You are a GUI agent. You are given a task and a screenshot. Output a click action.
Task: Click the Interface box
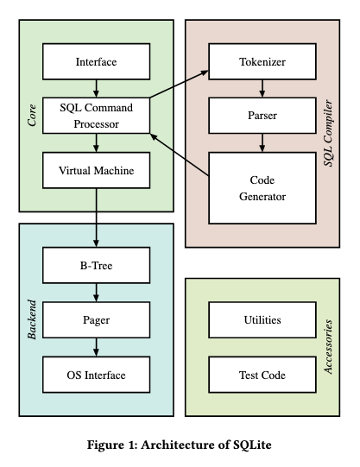96,62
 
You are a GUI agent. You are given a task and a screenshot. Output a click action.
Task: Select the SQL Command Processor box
96,116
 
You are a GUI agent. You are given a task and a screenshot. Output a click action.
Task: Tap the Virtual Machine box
96,170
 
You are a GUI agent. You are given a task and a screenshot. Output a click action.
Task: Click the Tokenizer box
262,62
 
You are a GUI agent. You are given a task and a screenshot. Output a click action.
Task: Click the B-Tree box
96,265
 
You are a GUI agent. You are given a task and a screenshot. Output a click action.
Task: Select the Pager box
96,319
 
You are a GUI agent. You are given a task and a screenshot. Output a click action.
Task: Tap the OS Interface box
96,375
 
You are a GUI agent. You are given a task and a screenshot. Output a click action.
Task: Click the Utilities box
262,319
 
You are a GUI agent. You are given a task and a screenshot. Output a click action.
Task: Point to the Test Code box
262,375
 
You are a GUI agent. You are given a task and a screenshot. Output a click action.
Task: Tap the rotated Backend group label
32,319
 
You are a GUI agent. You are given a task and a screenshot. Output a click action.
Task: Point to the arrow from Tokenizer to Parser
262,87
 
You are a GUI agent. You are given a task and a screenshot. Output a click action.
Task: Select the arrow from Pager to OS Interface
96,347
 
